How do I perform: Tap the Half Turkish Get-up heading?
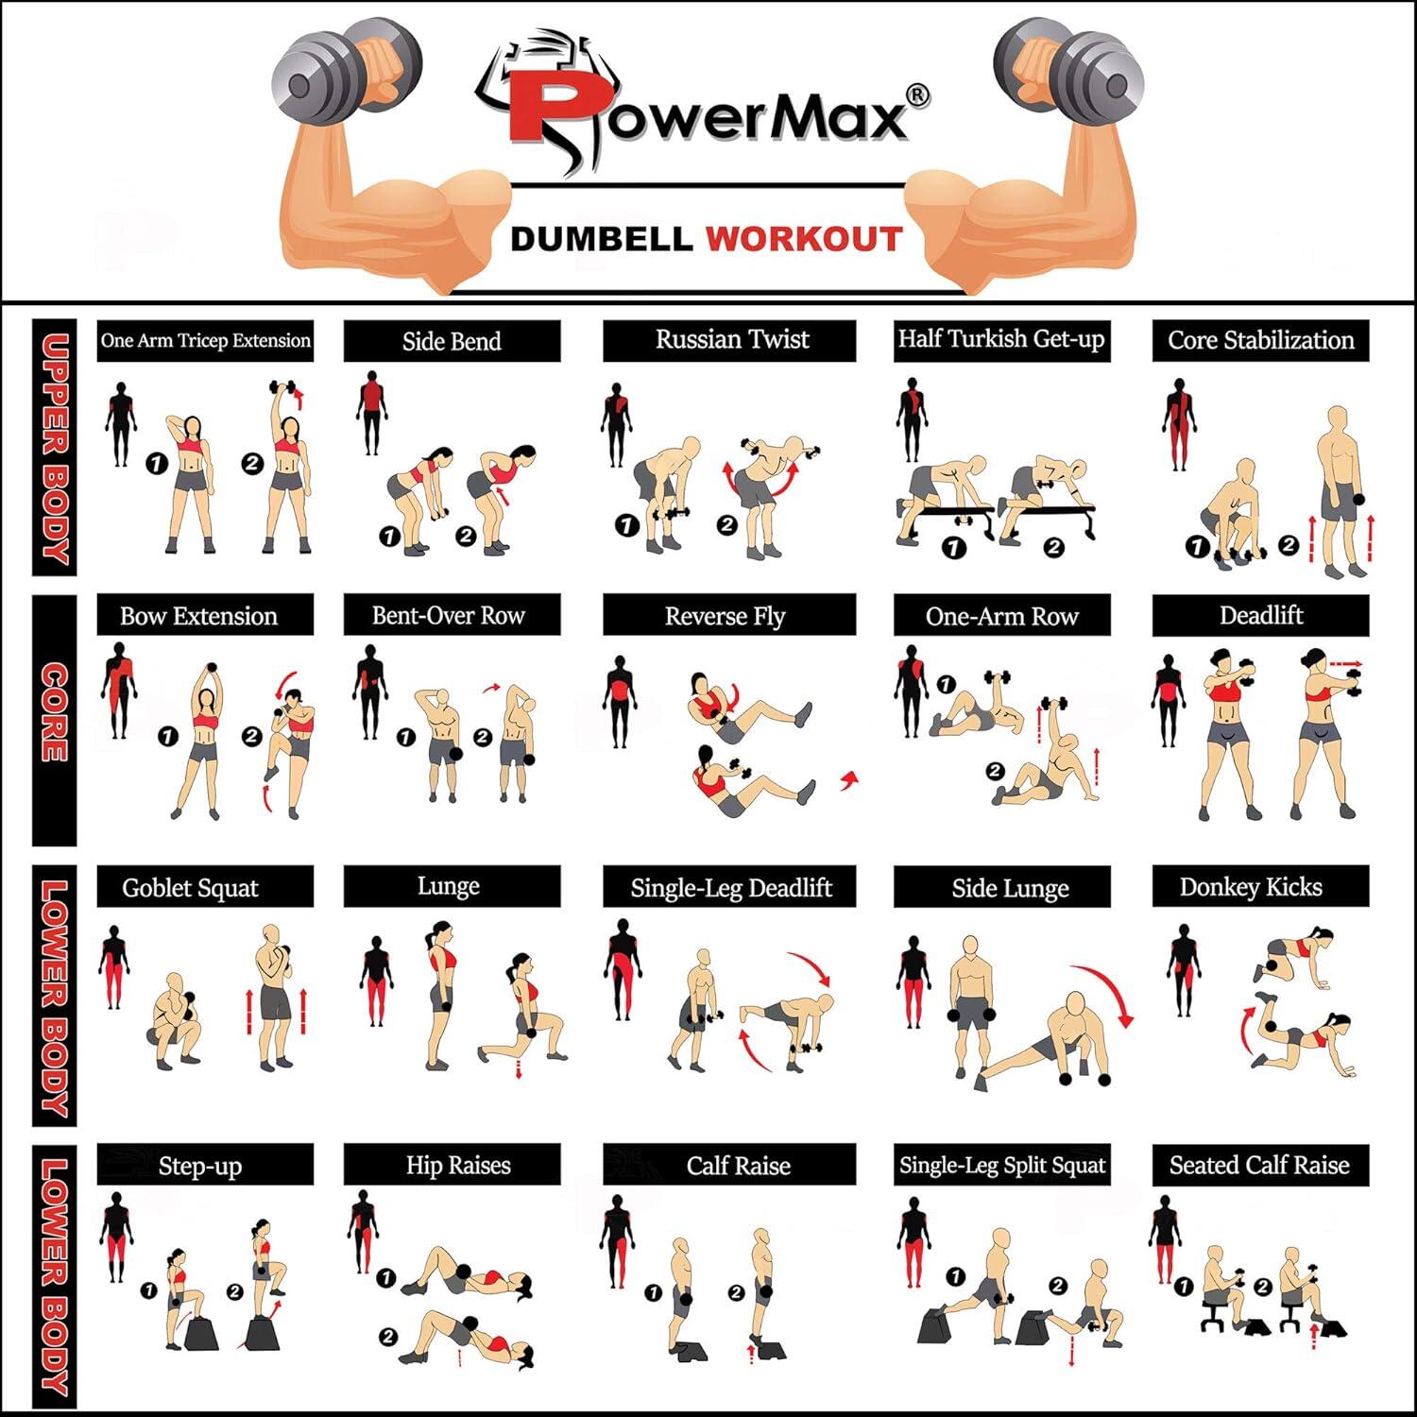(1001, 340)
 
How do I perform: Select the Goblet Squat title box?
(205, 887)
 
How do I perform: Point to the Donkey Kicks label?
(1260, 887)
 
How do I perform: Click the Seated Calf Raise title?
(1260, 1165)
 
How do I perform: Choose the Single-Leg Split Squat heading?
(1001, 1165)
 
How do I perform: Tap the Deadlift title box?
(1260, 616)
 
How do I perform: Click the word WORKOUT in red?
(804, 239)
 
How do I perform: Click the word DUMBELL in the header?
(602, 239)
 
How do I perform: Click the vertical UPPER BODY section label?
(54, 448)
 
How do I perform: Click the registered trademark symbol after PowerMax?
(916, 95)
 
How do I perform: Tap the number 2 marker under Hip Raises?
(387, 1336)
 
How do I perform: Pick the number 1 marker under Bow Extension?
(168, 737)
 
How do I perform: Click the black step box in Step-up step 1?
(202, 1334)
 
